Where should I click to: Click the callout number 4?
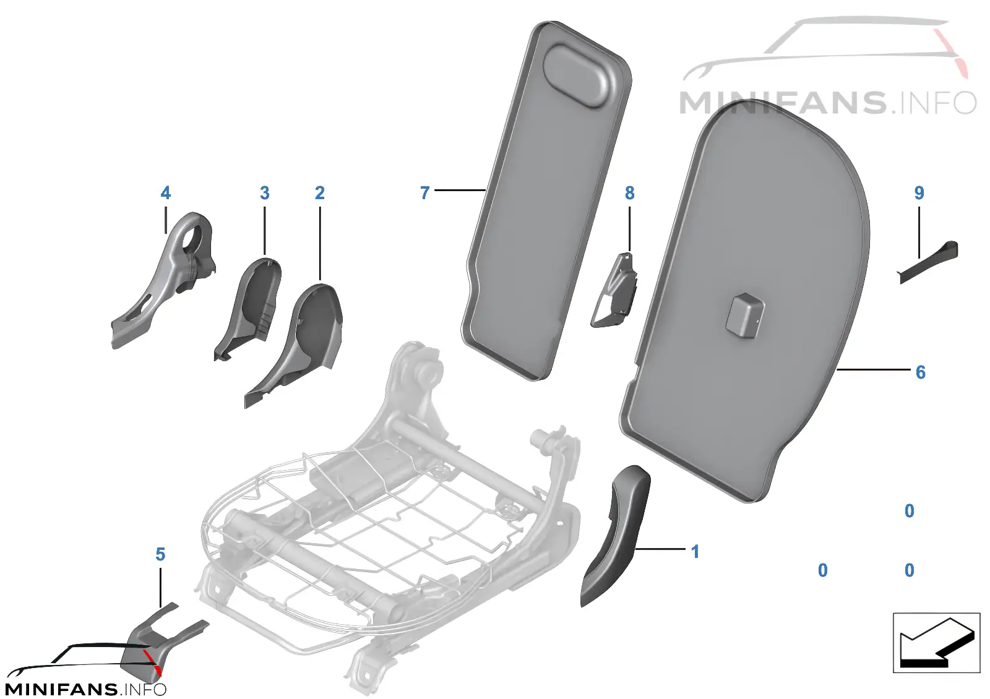point(165,192)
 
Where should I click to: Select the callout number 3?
point(264,192)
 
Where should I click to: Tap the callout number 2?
point(319,192)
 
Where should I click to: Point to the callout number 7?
point(424,192)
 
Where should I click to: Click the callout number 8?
point(630,192)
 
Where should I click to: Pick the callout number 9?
point(919,192)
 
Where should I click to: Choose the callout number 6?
point(920,372)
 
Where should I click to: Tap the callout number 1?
point(695,551)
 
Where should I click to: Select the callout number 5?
point(160,554)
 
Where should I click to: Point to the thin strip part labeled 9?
point(929,262)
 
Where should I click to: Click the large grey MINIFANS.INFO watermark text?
point(827,103)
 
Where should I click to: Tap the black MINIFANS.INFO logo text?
point(85,689)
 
